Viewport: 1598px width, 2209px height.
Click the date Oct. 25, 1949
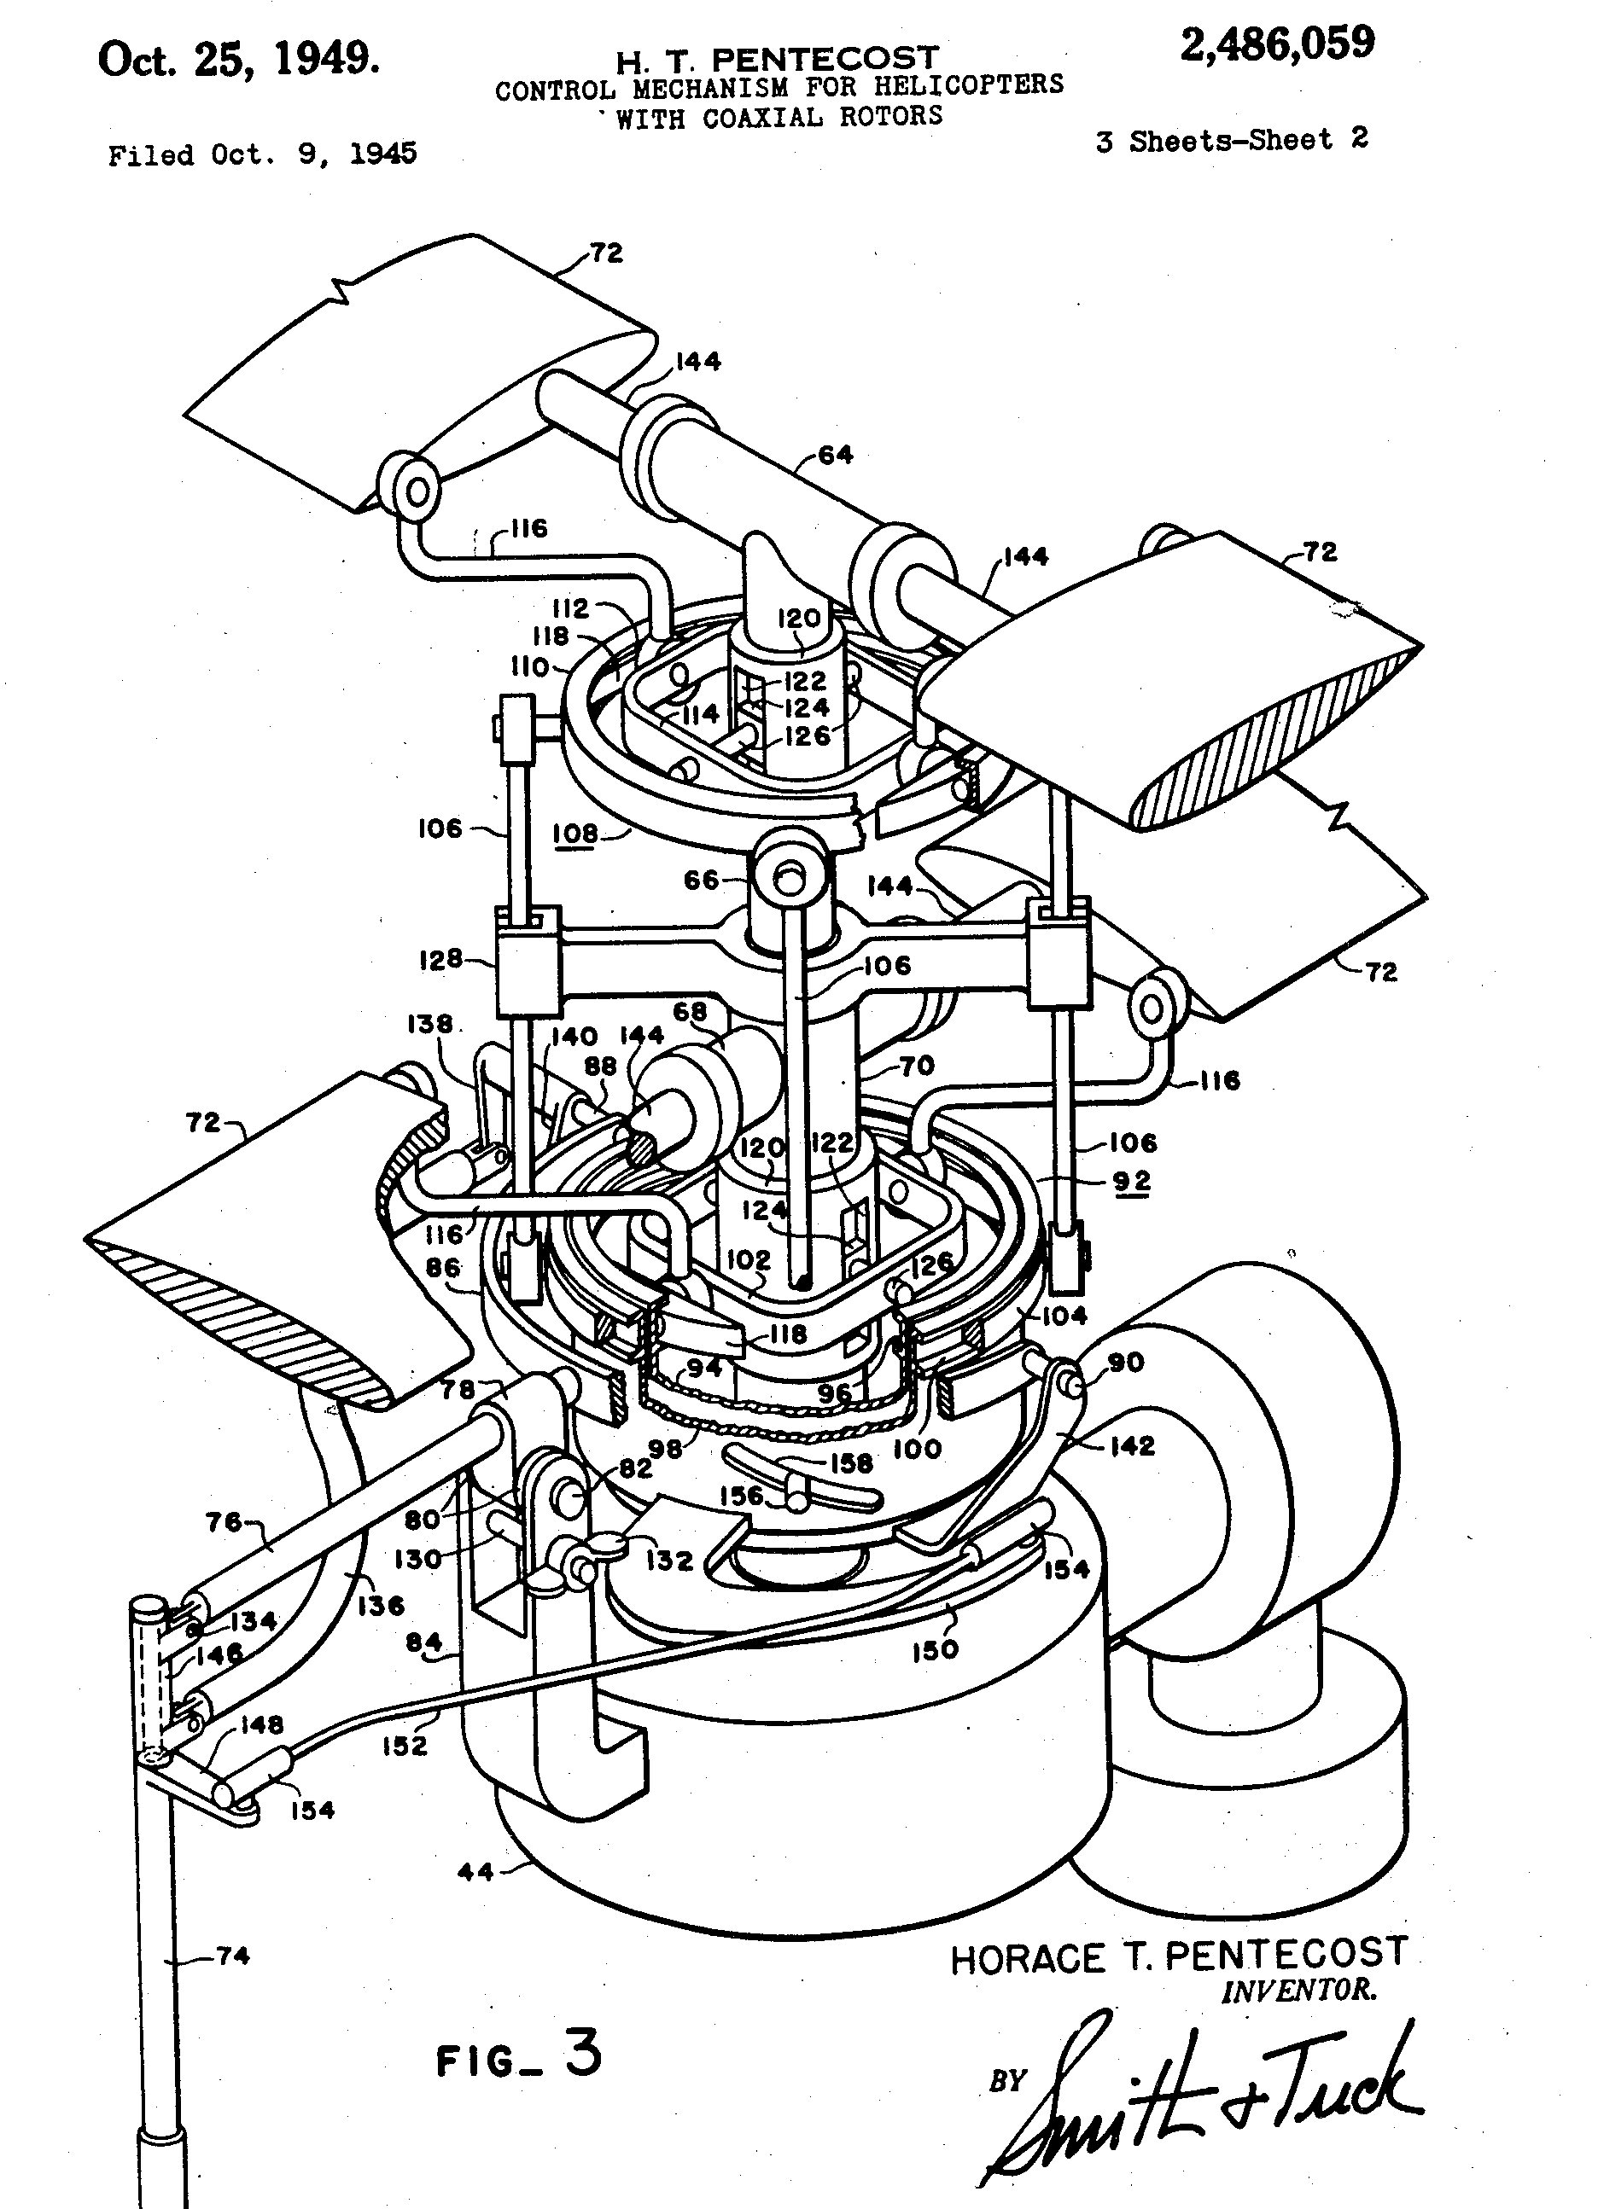pos(239,61)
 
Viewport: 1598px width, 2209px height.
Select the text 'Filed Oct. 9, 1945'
pos(262,154)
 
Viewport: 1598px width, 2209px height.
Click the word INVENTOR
pos(1299,1989)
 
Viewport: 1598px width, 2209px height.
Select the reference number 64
pos(835,455)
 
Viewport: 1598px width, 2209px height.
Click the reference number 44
pos(475,1871)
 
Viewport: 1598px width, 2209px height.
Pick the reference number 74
pos(232,1955)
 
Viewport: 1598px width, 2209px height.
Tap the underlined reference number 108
pos(574,834)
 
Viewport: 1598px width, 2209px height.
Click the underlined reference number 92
pos(1131,1182)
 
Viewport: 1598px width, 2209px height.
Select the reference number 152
pos(405,1746)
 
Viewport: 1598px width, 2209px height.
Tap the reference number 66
pos(702,881)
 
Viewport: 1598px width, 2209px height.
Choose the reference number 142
pos(1131,1446)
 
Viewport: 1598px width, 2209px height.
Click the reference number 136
pos(381,1605)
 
